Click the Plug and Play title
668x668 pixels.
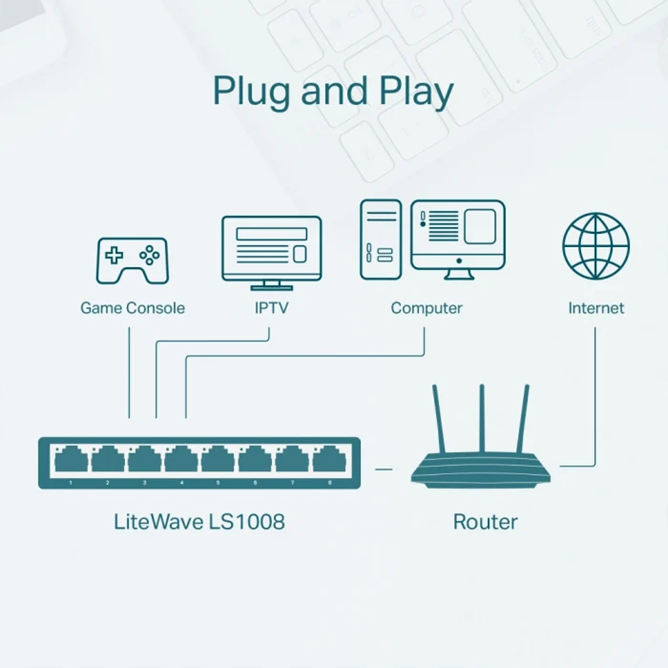(333, 93)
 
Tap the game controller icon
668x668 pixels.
(132, 260)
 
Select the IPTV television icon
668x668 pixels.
(271, 252)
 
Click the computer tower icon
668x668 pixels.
(380, 240)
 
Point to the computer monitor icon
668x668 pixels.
(458, 239)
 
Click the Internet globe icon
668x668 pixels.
(596, 246)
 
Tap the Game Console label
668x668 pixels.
(132, 308)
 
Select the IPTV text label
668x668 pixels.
(271, 308)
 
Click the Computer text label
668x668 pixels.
(427, 308)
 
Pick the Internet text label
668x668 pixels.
(596, 308)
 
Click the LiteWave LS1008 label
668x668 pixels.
(199, 522)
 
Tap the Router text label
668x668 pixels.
(485, 522)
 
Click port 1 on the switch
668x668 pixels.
(71, 461)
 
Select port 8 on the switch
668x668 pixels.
(329, 461)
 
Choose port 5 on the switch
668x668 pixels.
(218, 461)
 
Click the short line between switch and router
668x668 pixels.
(384, 468)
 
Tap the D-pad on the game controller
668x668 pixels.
(115, 256)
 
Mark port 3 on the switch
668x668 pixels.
(144, 461)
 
